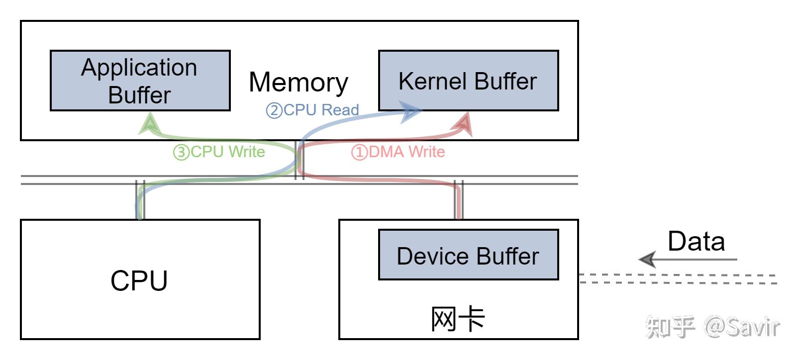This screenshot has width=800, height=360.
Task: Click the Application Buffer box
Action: (x=140, y=81)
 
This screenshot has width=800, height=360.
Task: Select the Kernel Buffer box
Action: (x=468, y=81)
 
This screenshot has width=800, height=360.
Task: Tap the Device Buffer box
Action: (x=468, y=255)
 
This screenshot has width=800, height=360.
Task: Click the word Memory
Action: (x=298, y=82)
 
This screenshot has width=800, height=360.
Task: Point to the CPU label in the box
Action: (x=139, y=280)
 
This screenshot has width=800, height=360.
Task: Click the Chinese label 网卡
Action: (x=457, y=319)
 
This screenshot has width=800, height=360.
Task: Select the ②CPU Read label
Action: (x=312, y=110)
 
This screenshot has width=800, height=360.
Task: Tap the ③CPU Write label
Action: (x=219, y=152)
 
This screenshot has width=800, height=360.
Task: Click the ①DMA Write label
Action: (x=398, y=152)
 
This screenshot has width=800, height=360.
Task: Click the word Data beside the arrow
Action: (x=696, y=242)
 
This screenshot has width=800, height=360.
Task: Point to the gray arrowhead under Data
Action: (x=648, y=259)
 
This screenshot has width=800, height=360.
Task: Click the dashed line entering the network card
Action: (x=677, y=278)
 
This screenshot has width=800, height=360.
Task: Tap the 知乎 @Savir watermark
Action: (x=712, y=327)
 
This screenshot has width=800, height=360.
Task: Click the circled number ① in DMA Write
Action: (x=359, y=152)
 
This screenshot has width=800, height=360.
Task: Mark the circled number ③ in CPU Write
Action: (x=181, y=152)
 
